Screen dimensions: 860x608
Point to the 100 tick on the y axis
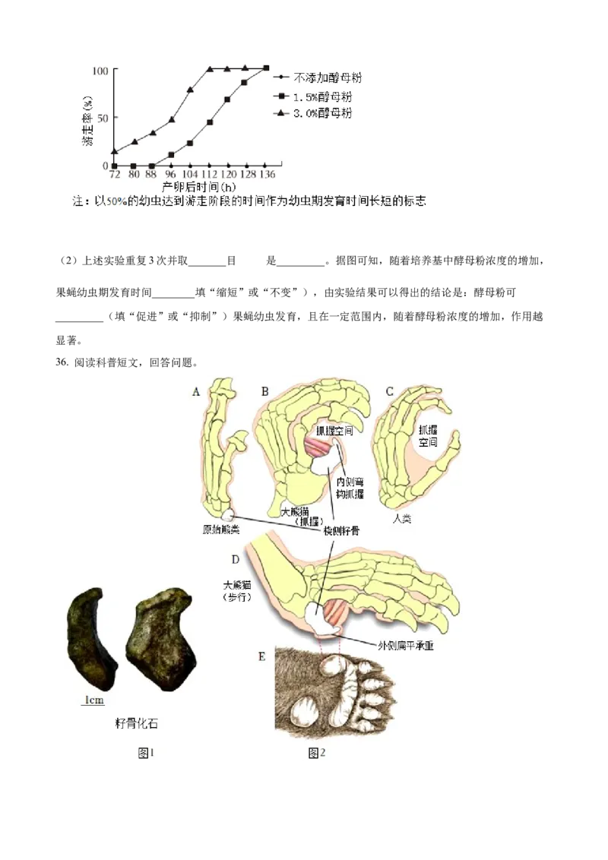100,71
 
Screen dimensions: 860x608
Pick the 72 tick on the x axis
115,175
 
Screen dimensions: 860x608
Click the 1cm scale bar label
93,700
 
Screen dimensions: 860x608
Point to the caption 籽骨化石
136,723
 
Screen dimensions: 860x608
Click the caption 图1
146,752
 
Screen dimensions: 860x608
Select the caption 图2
317,752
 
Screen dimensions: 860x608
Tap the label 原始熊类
221,530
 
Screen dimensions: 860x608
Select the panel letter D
236,560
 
